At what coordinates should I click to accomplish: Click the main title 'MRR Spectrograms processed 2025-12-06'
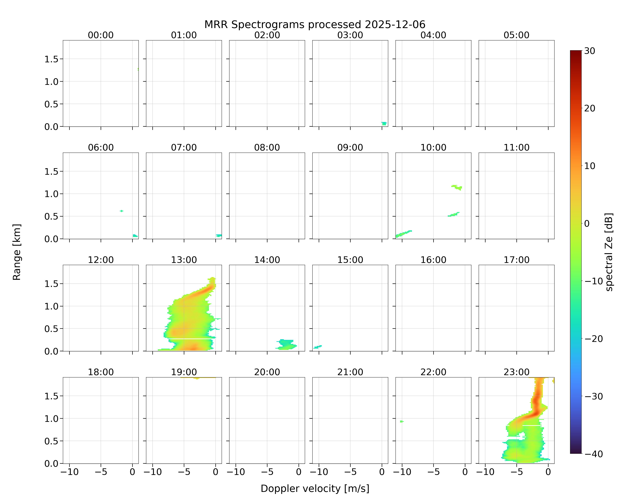click(315, 25)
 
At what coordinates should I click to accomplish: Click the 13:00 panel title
click(184, 260)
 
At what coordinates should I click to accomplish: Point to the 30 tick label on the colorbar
click(590, 51)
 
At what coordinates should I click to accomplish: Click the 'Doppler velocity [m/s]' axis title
click(315, 489)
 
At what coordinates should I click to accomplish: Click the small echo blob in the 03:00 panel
click(384, 124)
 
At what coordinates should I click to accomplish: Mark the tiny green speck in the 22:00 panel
click(402, 421)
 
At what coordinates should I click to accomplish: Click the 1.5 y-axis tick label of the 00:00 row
click(51, 59)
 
